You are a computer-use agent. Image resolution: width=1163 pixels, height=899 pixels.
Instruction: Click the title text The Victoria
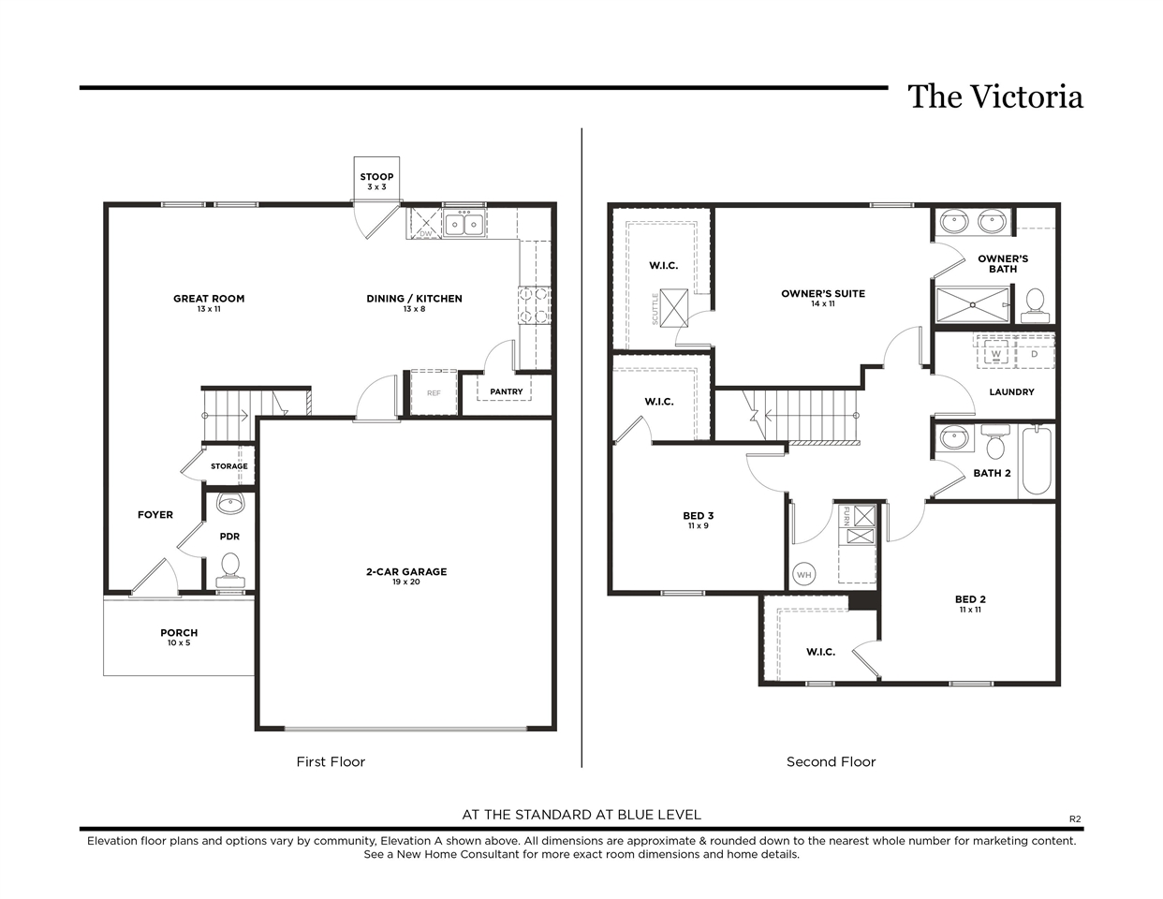click(x=995, y=96)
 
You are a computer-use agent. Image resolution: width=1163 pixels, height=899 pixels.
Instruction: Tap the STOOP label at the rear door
click(x=376, y=177)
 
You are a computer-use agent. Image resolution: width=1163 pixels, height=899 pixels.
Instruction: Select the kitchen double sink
click(x=464, y=224)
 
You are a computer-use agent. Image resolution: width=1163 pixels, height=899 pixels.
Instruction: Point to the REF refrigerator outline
click(x=434, y=392)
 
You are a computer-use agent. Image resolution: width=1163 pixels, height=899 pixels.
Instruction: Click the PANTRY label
click(x=507, y=391)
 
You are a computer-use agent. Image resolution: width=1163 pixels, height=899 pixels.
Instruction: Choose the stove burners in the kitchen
click(x=535, y=305)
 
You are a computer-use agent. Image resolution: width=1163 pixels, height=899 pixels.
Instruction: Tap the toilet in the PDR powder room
click(x=230, y=571)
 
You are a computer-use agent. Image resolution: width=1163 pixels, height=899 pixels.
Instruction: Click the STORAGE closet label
click(x=229, y=466)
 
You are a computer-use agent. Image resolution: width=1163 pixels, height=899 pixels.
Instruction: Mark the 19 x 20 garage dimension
click(x=406, y=582)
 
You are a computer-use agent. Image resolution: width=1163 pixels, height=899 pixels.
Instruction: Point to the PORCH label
click(x=179, y=632)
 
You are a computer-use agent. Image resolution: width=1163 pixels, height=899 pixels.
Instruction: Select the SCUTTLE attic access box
click(x=674, y=308)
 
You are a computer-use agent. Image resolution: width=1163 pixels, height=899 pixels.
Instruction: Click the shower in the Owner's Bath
click(x=973, y=305)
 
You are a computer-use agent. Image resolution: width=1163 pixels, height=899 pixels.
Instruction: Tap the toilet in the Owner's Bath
click(x=1035, y=305)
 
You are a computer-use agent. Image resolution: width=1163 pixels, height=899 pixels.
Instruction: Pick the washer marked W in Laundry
click(x=996, y=353)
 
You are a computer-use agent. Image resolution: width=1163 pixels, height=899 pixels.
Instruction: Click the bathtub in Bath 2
click(x=1037, y=460)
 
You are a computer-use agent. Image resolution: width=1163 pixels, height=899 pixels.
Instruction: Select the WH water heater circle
click(x=803, y=575)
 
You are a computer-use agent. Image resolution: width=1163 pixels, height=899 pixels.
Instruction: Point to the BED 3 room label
click(x=698, y=515)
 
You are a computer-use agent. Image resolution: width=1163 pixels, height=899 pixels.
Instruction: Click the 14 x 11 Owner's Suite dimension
click(x=822, y=304)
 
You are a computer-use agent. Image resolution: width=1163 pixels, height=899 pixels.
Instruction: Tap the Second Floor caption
click(x=831, y=761)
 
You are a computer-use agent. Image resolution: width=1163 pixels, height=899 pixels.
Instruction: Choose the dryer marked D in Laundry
click(x=1035, y=353)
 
